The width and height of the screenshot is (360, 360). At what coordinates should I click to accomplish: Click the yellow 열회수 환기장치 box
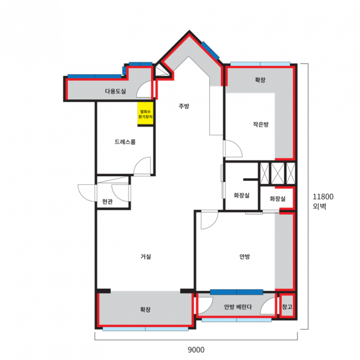coord(145,114)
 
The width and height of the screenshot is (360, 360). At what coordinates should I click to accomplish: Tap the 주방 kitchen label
coord(184,106)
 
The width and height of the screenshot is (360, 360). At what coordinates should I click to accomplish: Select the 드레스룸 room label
coord(125,142)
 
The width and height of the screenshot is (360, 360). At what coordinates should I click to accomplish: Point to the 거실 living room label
coord(146,256)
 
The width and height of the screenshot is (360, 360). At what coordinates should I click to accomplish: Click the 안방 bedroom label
coord(244,256)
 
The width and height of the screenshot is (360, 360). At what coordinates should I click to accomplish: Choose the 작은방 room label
coord(261,124)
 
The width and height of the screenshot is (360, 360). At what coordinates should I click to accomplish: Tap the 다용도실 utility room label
coord(116,91)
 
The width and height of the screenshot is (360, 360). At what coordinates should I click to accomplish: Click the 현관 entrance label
coord(108,202)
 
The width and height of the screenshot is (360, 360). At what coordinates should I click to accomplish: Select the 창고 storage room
coord(287,307)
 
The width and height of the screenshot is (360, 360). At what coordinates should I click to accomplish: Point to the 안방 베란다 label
coord(238,307)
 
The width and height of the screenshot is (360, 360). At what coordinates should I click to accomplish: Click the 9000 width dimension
coord(196,349)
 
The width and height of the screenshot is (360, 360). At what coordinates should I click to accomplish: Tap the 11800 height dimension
coord(323,197)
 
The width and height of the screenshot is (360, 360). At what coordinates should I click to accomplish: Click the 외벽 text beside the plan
coord(319,206)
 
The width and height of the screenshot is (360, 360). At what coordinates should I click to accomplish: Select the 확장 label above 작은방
coord(260,80)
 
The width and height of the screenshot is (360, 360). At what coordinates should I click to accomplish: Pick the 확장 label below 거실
coord(145,310)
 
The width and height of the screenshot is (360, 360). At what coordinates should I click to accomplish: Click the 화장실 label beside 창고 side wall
coord(277,199)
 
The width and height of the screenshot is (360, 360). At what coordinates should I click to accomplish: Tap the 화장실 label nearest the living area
coord(241,195)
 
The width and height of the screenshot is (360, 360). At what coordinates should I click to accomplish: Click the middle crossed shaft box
coord(277,173)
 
